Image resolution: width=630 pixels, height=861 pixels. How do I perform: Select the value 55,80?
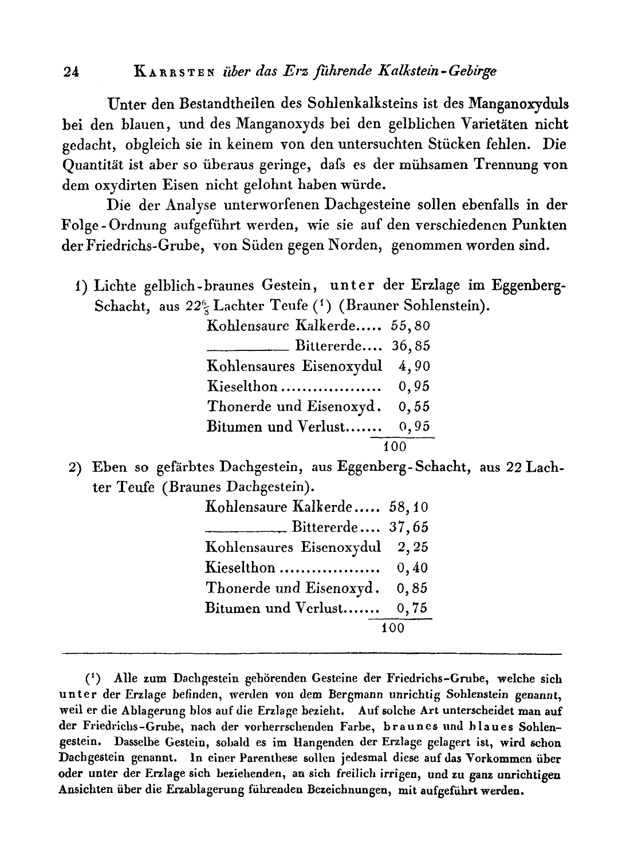coord(411,326)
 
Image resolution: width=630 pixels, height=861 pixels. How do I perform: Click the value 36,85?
coord(411,346)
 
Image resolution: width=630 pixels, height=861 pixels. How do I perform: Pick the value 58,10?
coord(409,507)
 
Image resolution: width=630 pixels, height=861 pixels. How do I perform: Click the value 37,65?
coord(409,527)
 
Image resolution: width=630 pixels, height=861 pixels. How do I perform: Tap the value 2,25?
coord(412,547)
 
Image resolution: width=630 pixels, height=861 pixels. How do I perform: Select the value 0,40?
coord(412,567)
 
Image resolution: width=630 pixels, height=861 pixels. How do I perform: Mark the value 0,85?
coord(412,588)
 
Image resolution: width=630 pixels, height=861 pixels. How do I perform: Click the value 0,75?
coord(412,608)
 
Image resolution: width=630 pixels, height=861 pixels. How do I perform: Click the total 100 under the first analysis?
coord(395,446)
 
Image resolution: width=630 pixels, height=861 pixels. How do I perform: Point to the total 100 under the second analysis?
coord(393,627)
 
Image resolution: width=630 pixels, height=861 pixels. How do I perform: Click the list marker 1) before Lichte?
coord(82,285)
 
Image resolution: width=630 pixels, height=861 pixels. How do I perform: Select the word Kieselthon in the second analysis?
coord(240,567)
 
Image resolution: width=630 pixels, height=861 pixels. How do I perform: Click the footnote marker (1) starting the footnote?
coord(93,679)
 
